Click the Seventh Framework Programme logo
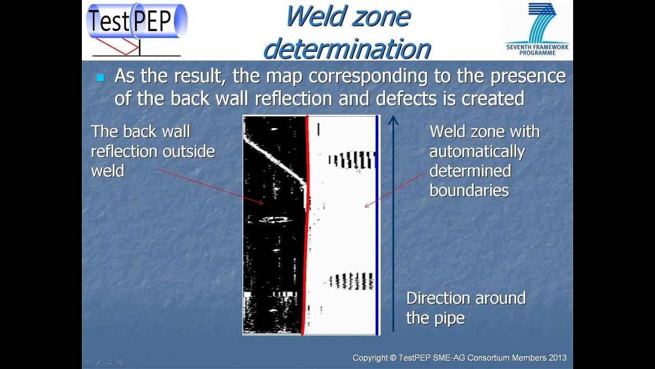pos(537,28)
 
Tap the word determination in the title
pos(346,49)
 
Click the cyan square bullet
pos(100,78)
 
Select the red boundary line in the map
pos(307,225)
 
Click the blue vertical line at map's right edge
pos(377,225)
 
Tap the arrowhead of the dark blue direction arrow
pos(393,121)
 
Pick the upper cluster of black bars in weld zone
pos(353,159)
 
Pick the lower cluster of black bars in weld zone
pos(352,281)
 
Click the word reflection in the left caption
pos(124,151)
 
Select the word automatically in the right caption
pos(477,151)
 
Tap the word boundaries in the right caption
pos(469,190)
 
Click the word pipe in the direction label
pos(451,318)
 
